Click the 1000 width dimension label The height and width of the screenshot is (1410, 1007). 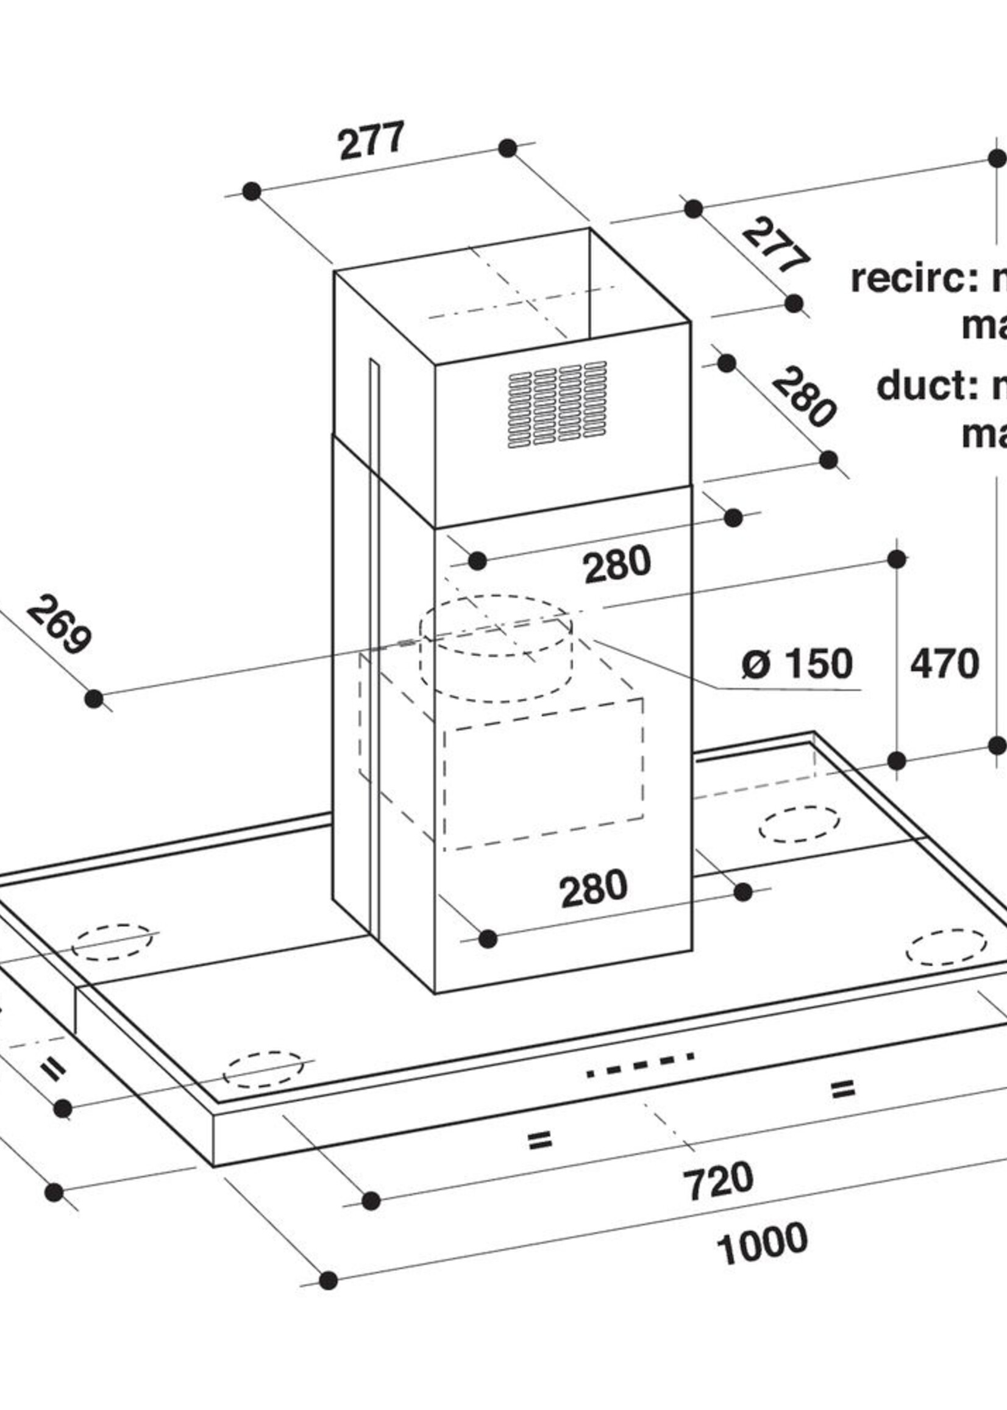[762, 1242]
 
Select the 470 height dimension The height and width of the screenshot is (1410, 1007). [944, 664]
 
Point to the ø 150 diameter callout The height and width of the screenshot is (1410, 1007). [797, 663]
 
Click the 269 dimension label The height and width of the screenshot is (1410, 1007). [59, 624]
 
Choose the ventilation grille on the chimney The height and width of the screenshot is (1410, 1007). [557, 404]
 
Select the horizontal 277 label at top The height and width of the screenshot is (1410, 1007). [371, 141]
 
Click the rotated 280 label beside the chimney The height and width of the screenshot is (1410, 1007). [803, 397]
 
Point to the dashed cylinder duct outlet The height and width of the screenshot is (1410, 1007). [496, 648]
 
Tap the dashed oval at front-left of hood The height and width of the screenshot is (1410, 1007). [263, 1069]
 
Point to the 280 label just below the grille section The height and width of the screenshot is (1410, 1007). [617, 564]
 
